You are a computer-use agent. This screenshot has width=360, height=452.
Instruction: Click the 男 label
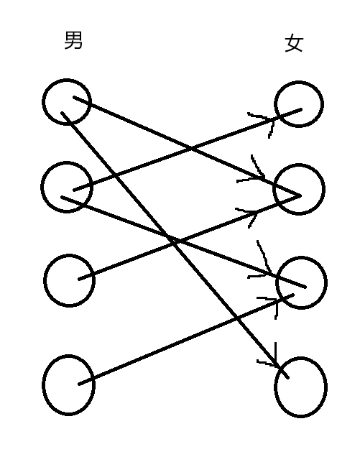73,40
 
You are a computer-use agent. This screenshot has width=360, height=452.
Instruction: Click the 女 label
294,43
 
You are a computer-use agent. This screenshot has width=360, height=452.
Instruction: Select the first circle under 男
42,101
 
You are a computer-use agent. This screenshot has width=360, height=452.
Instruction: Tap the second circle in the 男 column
42,187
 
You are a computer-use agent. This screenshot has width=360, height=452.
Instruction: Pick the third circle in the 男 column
44,280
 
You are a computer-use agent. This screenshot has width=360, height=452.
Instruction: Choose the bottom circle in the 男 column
43,385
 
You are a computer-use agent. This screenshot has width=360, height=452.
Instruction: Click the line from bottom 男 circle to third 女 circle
186,339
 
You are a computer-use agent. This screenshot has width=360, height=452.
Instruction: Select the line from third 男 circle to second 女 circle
190,237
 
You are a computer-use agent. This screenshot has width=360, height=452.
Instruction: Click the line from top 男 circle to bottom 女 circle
175,245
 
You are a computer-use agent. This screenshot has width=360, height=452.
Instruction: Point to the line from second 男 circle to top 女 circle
188,149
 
